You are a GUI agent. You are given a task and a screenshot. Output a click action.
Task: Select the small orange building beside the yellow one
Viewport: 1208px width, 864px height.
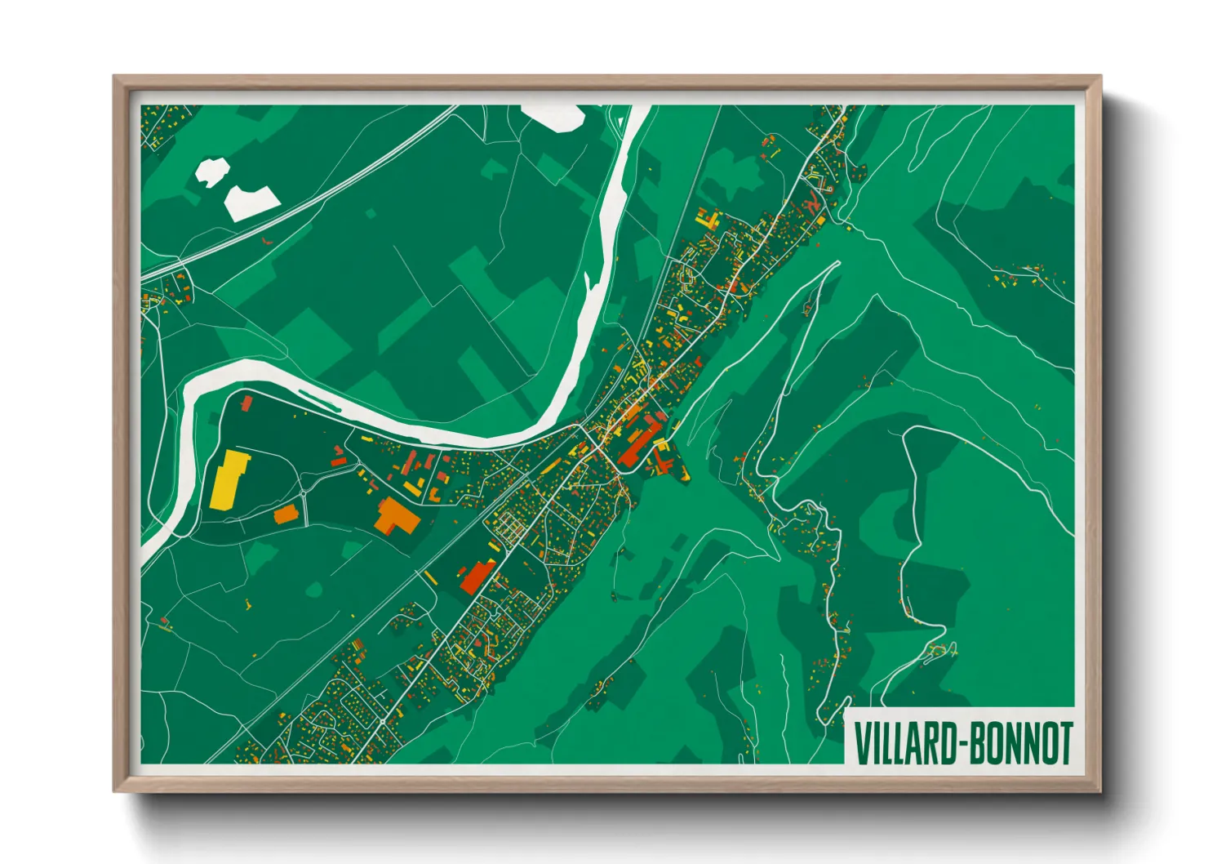point(286,514)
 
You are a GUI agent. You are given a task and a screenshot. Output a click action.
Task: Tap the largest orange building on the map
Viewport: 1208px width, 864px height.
point(397,515)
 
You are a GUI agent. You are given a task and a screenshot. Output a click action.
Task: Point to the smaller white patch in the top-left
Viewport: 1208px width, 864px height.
point(211,171)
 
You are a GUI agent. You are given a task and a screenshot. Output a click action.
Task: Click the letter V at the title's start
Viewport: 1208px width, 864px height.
point(860,742)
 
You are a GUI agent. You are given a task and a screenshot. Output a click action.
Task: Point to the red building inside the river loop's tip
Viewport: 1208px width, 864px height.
point(246,403)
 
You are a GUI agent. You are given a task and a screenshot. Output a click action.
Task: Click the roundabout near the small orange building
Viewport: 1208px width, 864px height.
point(304,495)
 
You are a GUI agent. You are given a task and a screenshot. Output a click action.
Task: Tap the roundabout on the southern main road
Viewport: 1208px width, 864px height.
point(382,722)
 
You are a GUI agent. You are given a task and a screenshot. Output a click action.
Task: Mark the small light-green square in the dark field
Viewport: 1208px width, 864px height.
point(371,214)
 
